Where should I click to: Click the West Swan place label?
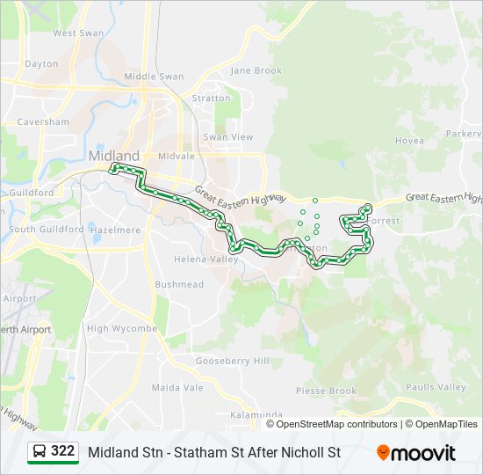78,33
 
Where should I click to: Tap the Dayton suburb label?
41,64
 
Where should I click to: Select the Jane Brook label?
256,70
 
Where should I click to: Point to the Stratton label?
211,99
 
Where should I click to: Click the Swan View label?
227,137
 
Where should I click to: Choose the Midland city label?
113,156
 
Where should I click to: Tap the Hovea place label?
409,141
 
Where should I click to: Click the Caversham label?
43,121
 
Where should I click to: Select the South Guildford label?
47,230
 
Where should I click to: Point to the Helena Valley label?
205,259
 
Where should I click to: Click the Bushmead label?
179,285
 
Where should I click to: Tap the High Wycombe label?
122,329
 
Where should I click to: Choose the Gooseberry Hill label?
233,362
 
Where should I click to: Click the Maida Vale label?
177,387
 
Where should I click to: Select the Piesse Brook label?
326,391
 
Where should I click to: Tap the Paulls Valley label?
436,387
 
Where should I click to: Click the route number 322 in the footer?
62,451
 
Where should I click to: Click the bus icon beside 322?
40,452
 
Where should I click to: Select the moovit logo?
416,453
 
